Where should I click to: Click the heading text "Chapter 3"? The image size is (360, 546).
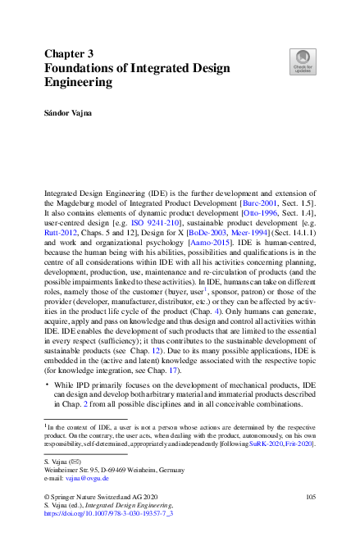(x=70, y=52)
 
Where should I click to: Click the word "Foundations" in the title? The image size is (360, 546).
(x=88, y=67)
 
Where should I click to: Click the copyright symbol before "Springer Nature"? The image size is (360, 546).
(x=46, y=497)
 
